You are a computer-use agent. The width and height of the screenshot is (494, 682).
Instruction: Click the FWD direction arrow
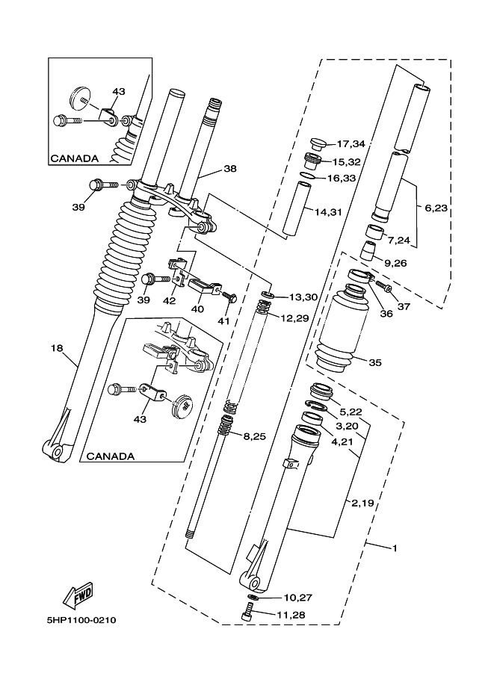(x=77, y=594)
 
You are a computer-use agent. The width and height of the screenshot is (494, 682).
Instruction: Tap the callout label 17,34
(x=351, y=143)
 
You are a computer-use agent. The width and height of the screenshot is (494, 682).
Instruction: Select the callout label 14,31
(x=328, y=212)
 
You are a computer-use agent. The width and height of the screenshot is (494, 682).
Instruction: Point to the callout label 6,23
(x=436, y=208)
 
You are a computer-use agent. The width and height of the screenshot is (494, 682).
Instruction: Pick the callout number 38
(x=229, y=169)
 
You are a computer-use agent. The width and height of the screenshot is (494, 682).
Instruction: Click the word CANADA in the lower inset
(x=111, y=456)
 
